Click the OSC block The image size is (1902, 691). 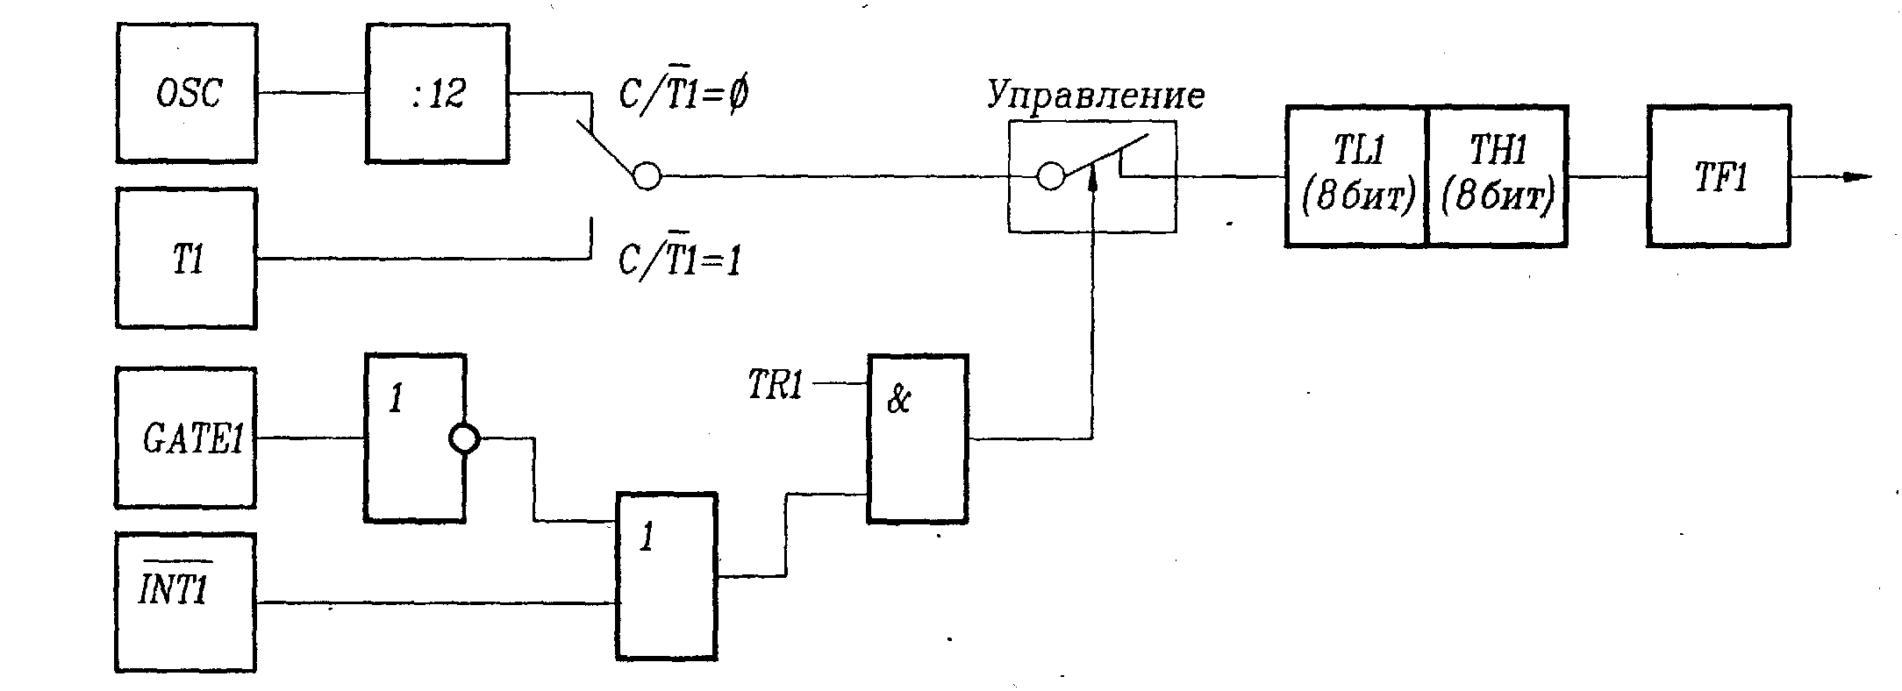click(187, 93)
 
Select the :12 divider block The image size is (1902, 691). click(438, 93)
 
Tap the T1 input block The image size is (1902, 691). click(187, 259)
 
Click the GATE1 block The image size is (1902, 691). click(186, 438)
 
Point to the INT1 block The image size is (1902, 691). click(186, 602)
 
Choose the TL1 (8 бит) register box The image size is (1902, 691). click(1357, 176)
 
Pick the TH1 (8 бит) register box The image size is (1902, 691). click(1498, 176)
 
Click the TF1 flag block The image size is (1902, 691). click(1719, 176)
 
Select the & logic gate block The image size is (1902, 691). click(918, 438)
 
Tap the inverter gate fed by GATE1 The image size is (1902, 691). click(415, 438)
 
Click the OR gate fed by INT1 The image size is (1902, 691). click(667, 575)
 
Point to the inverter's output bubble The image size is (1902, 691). click(464, 438)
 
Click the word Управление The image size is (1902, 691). click(1096, 95)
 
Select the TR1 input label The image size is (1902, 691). click(776, 385)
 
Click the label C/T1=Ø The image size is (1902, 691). click(683, 94)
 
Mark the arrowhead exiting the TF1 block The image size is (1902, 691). click(1857, 176)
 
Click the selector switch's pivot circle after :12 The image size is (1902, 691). click(647, 176)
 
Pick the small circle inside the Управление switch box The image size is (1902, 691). click(1051, 176)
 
